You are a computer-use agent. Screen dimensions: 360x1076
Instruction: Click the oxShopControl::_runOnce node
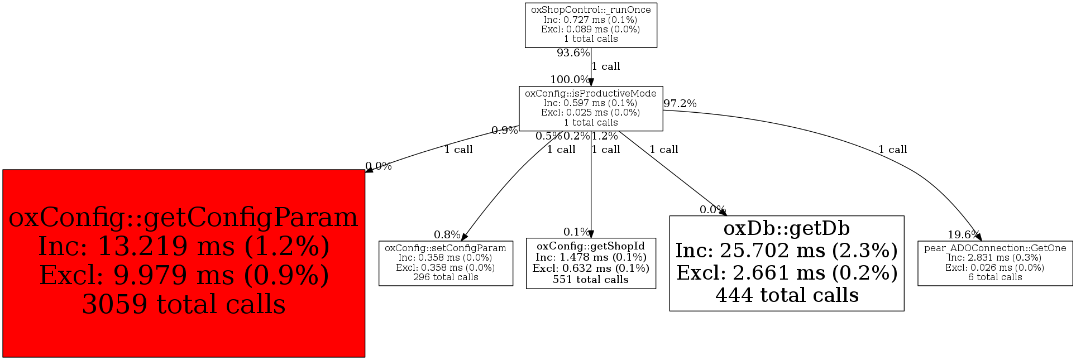tap(591, 25)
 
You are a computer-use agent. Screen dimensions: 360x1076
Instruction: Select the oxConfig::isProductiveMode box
tap(591, 108)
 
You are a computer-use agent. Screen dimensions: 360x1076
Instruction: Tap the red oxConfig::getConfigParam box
tap(184, 263)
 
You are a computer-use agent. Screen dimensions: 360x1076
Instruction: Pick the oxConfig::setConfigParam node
tap(446, 263)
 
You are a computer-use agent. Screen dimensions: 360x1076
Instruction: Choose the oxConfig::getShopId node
tap(591, 263)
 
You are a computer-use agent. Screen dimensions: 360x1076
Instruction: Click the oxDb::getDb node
tap(786, 263)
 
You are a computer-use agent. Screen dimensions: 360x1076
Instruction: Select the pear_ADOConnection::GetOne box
tap(995, 263)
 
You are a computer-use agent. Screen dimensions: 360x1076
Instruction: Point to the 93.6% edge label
tap(573, 53)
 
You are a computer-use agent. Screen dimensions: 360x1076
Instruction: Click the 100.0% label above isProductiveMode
tap(570, 80)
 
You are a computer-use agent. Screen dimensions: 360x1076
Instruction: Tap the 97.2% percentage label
tap(680, 104)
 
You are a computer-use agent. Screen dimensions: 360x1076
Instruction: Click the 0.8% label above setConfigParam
tap(447, 235)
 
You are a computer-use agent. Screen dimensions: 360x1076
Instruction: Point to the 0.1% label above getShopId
tap(576, 232)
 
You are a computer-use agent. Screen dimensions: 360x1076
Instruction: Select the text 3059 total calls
tap(184, 304)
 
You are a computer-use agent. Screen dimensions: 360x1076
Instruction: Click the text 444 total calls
tap(787, 295)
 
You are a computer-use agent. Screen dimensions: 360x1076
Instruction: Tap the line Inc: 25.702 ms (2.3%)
tap(787, 251)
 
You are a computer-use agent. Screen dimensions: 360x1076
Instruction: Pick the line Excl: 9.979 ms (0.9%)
tap(184, 275)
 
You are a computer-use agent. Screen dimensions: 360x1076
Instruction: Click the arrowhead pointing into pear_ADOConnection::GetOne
tap(978, 237)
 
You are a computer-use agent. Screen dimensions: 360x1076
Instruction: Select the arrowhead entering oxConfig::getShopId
tap(591, 234)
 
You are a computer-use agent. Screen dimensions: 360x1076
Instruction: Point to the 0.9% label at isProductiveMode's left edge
tap(505, 131)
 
